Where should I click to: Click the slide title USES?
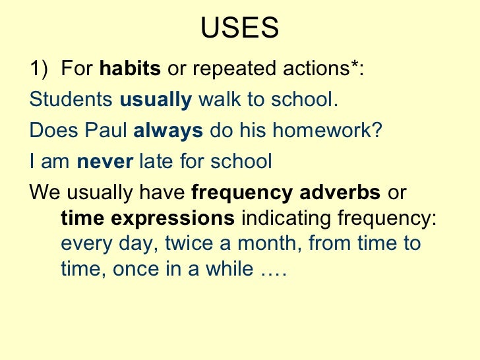239,28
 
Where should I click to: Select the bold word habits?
131,69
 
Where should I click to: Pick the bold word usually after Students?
156,100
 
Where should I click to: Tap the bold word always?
168,130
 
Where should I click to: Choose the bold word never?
105,161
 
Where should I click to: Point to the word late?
154,161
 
